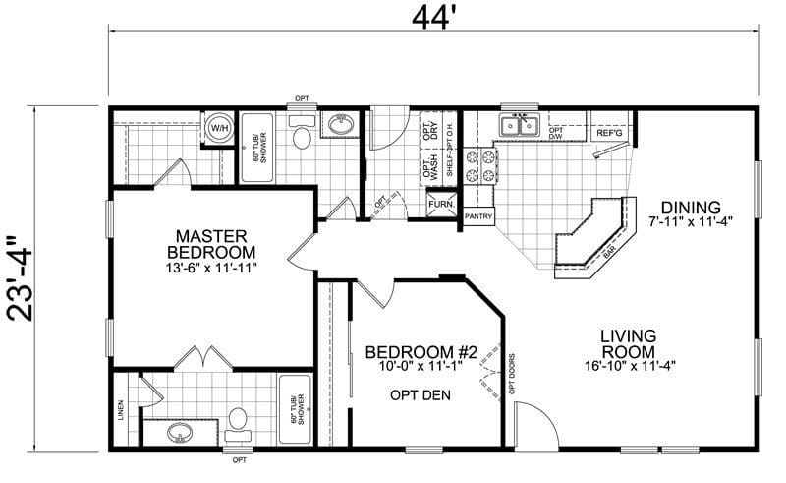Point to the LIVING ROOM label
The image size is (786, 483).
[635, 345]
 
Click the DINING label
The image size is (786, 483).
[691, 208]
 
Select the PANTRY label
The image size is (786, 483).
[478, 215]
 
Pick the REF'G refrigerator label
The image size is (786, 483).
[610, 131]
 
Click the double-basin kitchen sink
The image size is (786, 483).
[518, 126]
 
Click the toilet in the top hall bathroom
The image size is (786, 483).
[302, 136]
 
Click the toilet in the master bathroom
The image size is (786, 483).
[237, 422]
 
